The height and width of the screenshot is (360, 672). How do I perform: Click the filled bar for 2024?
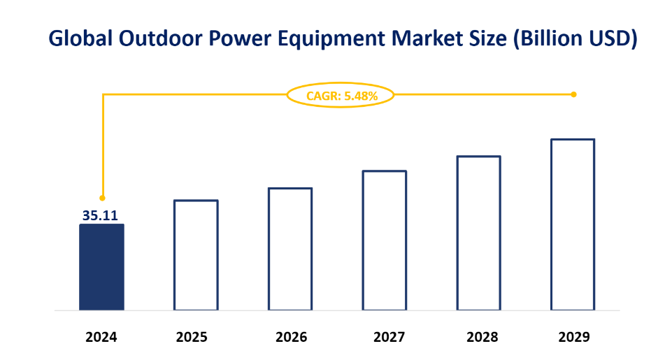[101, 267]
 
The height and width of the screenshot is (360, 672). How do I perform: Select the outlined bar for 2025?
[196, 255]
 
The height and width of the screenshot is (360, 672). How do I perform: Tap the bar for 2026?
[290, 249]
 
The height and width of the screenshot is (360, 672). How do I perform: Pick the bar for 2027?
[385, 240]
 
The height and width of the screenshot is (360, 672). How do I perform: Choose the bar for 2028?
[479, 233]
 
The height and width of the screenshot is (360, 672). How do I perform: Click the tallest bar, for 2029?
[573, 224]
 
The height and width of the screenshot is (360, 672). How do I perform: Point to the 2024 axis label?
[101, 337]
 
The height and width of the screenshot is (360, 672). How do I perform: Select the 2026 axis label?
[291, 337]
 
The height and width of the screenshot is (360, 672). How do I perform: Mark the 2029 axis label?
[574, 337]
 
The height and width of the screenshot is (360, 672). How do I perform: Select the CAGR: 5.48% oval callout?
[341, 96]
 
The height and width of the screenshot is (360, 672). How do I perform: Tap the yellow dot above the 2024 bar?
[102, 198]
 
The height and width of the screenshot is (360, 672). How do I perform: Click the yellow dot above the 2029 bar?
[573, 94]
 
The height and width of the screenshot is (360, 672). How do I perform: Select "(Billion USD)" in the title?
[574, 40]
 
